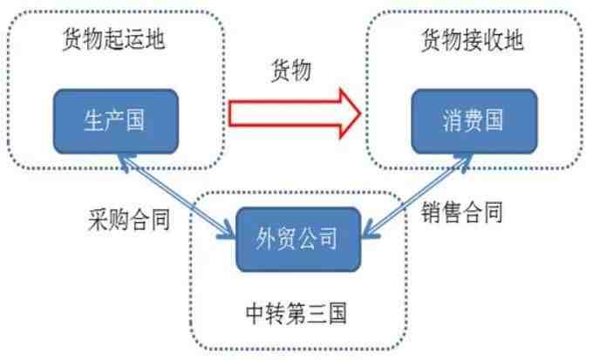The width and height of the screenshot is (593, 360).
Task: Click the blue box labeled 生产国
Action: pos(116,121)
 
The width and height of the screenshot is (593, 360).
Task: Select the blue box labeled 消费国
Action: pos(474,121)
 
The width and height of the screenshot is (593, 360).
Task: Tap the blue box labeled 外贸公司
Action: pos(298,239)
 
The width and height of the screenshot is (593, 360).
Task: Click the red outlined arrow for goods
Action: pos(295,113)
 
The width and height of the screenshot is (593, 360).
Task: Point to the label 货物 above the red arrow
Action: pos(291,71)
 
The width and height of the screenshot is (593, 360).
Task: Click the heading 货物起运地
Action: pos(113,39)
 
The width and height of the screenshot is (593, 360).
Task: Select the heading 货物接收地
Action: pos(473,40)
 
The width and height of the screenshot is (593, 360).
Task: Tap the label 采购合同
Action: pos(129,220)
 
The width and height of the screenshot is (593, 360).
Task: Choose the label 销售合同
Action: pos(462,212)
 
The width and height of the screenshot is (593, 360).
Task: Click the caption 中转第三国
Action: pos(296,313)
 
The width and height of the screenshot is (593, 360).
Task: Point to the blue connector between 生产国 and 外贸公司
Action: pos(177,197)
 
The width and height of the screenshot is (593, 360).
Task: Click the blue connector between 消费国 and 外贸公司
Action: pos(418,196)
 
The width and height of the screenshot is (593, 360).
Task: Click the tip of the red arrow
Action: pos(362,113)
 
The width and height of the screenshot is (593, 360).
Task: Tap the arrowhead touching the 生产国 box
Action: pos(124,161)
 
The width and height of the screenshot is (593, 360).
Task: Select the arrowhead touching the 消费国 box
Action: pos(465,160)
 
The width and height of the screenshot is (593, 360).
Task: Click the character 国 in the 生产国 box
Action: pos(135,120)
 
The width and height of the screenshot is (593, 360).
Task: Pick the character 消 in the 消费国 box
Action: pos(453,121)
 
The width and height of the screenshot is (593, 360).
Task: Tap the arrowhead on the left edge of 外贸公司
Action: pos(226,232)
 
